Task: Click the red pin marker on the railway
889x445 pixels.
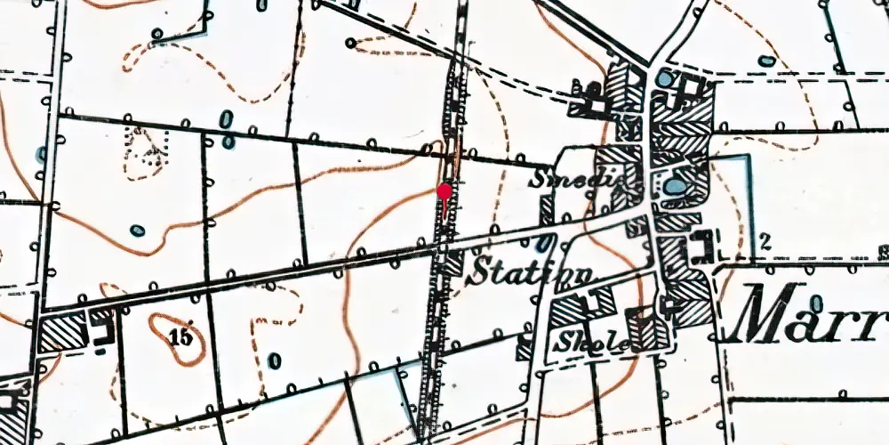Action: click(444, 190)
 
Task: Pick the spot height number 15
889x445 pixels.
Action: click(179, 336)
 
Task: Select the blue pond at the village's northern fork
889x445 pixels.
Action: click(666, 79)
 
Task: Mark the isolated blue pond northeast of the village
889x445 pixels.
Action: click(765, 61)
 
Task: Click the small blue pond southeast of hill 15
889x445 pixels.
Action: click(273, 360)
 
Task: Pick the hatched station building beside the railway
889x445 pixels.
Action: click(453, 262)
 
